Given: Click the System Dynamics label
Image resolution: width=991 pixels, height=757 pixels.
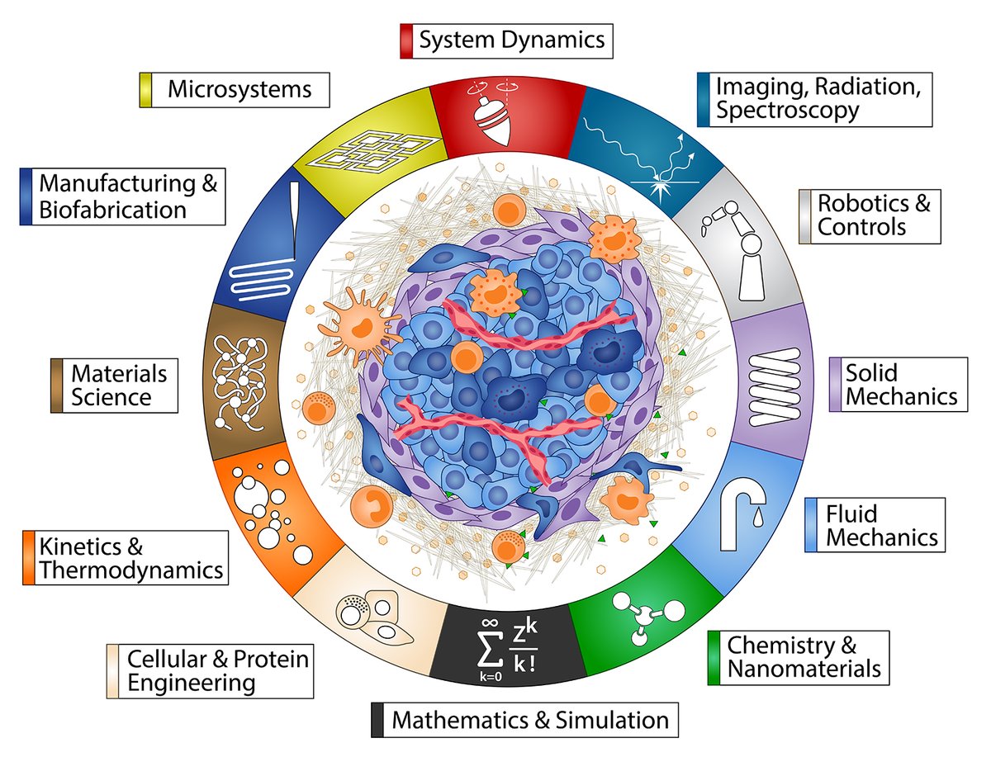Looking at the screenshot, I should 505,40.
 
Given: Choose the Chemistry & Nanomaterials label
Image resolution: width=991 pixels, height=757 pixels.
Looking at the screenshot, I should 799,656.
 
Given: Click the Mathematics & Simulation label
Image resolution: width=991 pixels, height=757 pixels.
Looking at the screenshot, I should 524,720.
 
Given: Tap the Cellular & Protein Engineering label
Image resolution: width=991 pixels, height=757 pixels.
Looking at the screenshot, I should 210,670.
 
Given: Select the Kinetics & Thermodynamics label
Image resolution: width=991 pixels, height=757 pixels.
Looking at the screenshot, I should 125,558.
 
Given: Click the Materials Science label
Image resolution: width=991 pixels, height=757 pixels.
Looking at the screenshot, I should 114,386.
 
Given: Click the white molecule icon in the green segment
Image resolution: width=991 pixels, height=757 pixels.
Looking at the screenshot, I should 645,615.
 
